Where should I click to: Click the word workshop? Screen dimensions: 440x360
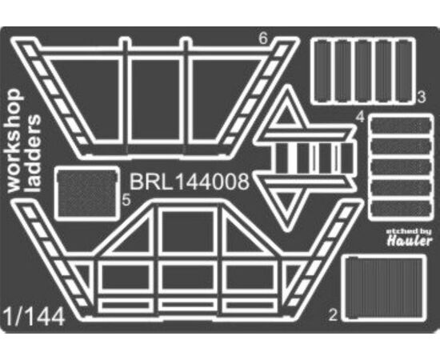(14, 141)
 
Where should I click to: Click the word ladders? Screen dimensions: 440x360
(33, 154)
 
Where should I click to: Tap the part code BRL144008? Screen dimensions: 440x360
(190, 182)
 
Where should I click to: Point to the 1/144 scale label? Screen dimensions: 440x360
(34, 318)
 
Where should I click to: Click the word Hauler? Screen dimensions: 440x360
(410, 241)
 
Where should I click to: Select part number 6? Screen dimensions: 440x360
(263, 38)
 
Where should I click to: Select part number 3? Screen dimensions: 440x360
(421, 97)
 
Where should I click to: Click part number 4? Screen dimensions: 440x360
(360, 117)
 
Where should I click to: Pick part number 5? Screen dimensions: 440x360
(126, 200)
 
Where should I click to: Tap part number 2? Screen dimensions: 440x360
(333, 315)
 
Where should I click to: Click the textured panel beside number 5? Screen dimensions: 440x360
(86, 194)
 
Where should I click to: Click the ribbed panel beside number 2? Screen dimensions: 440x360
(383, 288)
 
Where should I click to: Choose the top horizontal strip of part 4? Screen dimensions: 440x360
(401, 126)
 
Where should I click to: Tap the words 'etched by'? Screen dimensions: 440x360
(409, 231)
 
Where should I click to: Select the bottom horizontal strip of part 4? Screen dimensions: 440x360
(401, 208)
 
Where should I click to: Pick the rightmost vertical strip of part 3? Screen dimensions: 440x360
(405, 71)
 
